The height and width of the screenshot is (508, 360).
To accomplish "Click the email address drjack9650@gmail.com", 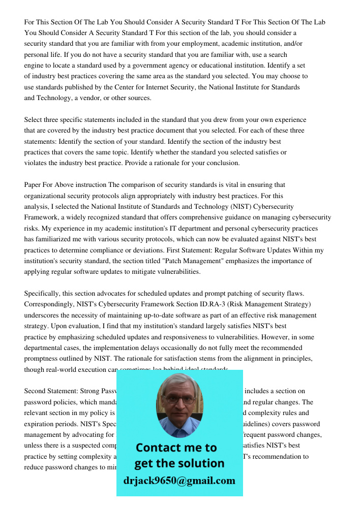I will pyautogui.click(x=179, y=481).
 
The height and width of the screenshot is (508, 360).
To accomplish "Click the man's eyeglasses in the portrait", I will pyautogui.click(x=180, y=400).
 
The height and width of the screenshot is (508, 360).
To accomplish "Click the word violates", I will pyautogui.click(x=35, y=163).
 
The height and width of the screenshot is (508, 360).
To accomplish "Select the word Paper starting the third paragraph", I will pyautogui.click(x=34, y=185).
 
